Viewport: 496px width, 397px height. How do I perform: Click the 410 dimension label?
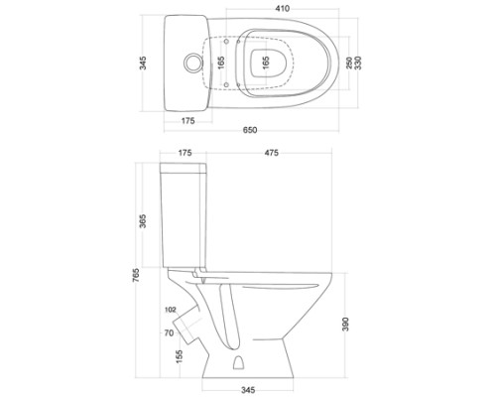click(x=282, y=9)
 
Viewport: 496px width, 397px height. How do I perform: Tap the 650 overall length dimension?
click(x=250, y=130)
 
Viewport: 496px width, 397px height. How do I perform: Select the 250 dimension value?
click(x=349, y=63)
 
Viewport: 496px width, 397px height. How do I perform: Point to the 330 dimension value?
click(x=358, y=63)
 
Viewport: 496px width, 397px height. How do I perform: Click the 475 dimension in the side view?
click(x=272, y=153)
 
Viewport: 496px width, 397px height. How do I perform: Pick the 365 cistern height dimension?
click(x=143, y=221)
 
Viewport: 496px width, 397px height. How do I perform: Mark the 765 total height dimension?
click(x=136, y=275)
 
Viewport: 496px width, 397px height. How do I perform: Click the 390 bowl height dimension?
click(x=345, y=325)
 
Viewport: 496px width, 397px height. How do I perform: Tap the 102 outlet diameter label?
click(x=170, y=310)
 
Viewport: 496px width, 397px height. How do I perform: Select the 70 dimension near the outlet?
click(x=169, y=332)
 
